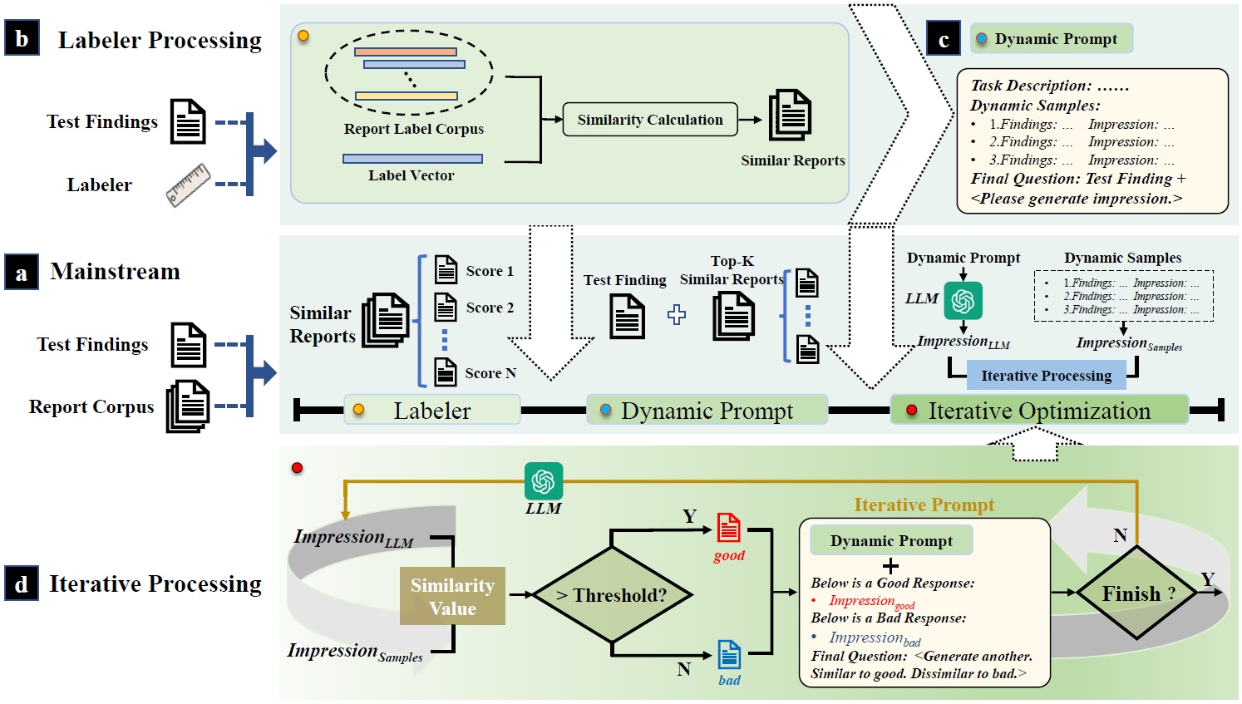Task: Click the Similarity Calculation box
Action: [649, 120]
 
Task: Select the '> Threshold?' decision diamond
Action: [612, 595]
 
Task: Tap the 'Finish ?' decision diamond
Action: [1137, 593]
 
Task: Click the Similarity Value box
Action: [452, 596]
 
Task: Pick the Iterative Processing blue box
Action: [1046, 376]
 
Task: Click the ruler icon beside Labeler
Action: [189, 185]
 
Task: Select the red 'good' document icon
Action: [729, 529]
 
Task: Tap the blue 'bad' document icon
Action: [729, 655]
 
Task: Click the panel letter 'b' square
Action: [22, 39]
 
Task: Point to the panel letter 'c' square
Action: [944, 39]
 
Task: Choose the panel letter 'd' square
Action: [22, 583]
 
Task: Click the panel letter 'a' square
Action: [22, 272]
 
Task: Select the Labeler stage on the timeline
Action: [432, 410]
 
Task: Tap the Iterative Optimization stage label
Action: [1039, 410]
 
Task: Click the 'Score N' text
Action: [490, 373]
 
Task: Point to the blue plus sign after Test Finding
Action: [677, 315]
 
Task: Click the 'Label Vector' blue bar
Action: [412, 158]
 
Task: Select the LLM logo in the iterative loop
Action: [544, 481]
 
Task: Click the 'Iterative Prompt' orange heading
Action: [924, 505]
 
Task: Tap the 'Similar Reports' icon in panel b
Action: [790, 116]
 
